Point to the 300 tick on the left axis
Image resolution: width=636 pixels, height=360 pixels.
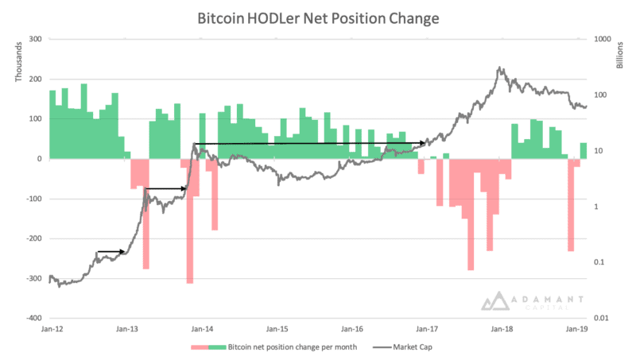pos(34,39)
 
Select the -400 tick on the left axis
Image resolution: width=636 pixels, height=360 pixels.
pos(33,318)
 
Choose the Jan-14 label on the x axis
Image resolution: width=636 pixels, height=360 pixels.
pos(202,328)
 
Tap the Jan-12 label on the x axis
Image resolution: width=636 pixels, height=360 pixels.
pos(51,328)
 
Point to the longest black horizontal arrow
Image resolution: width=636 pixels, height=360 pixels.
pos(310,144)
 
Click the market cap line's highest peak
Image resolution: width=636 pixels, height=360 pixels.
pos(499,68)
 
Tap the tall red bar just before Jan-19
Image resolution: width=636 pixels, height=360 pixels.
pos(571,207)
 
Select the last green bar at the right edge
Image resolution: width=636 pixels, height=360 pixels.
pos(584,150)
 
